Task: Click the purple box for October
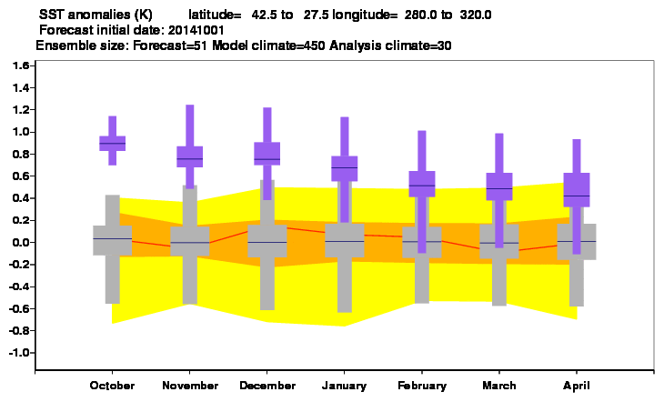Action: (112, 143)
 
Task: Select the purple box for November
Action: (190, 156)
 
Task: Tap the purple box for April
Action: (577, 190)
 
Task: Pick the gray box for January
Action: (345, 240)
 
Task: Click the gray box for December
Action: (267, 241)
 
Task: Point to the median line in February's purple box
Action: (422, 186)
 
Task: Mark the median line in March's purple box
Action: (499, 188)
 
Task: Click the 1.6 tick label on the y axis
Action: (20, 65)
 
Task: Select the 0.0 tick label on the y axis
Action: (20, 242)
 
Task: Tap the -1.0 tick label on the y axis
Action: (18, 353)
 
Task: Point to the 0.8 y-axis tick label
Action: (20, 154)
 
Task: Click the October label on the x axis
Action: (112, 386)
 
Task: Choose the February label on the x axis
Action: (422, 386)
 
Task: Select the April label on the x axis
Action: (577, 386)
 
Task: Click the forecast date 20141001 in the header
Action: (196, 31)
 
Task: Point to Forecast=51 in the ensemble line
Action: (170, 45)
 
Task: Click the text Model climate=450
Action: (268, 45)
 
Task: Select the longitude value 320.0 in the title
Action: (476, 15)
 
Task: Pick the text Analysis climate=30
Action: (390, 45)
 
